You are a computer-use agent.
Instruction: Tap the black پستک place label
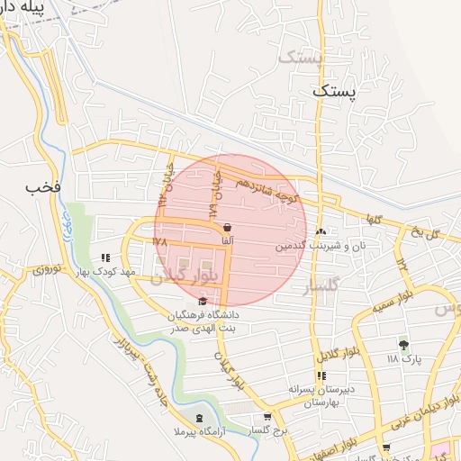point(335,91)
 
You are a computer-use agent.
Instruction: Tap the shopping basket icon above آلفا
point(226,229)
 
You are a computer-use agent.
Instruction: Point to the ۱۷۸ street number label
point(160,241)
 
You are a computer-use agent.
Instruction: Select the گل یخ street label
point(424,233)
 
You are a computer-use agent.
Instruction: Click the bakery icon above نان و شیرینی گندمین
point(321,232)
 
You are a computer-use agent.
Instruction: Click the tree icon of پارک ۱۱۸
point(402,344)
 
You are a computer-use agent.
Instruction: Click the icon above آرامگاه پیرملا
point(199,419)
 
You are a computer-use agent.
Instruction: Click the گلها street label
point(373,219)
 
